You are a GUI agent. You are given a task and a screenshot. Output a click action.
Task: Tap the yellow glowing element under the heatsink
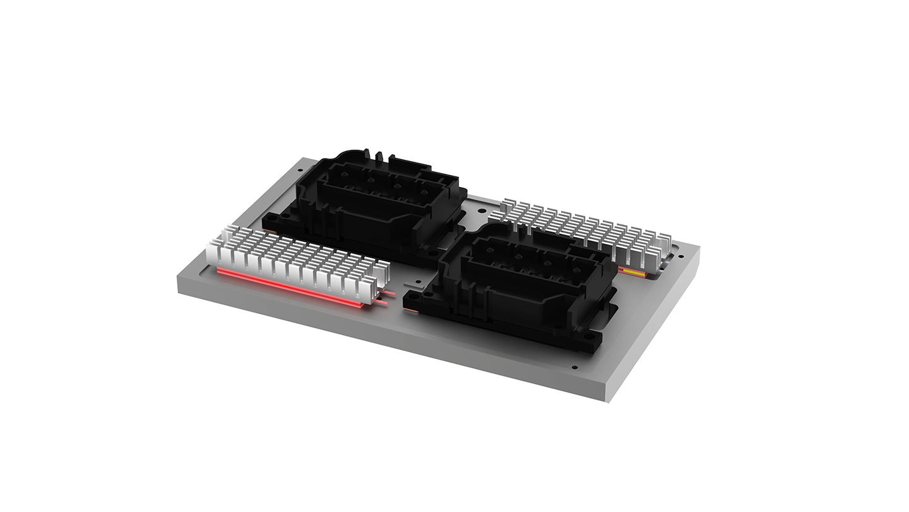click(x=632, y=272)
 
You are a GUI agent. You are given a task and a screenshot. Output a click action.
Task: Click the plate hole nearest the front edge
click(x=574, y=367)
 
